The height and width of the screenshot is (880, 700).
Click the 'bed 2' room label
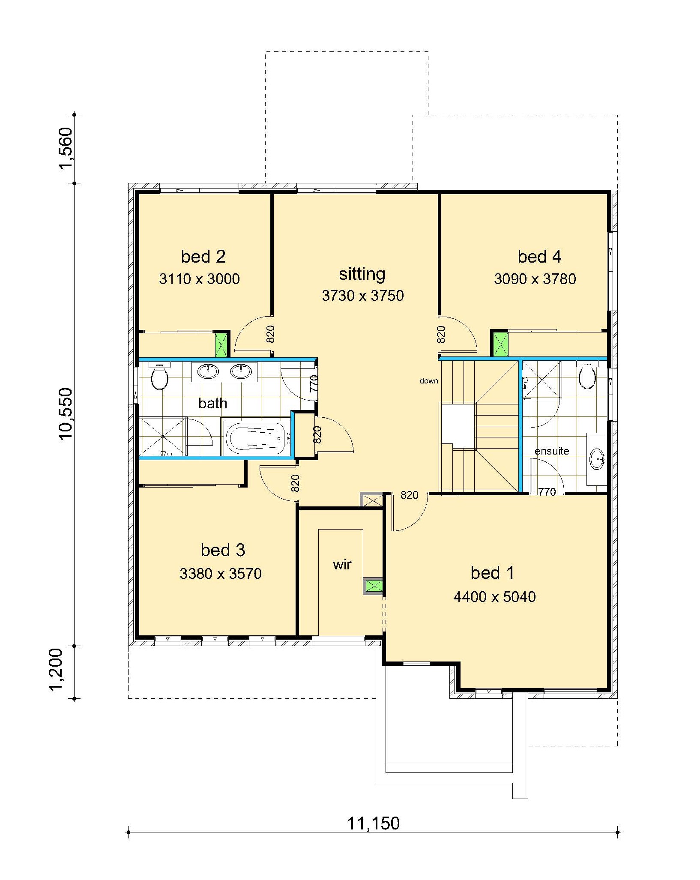click(x=203, y=257)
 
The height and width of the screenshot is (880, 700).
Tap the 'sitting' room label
click(x=362, y=274)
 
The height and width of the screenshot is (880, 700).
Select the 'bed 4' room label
click(x=539, y=257)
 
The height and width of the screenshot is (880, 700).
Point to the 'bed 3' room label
click(x=223, y=550)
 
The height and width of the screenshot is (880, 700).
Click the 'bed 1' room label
click(x=492, y=573)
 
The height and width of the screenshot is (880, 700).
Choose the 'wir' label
click(x=342, y=565)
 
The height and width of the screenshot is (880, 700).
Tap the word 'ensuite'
click(x=552, y=451)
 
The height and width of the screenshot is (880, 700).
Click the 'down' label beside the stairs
click(x=429, y=381)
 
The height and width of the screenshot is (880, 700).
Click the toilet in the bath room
click(x=159, y=376)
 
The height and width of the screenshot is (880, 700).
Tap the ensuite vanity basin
click(x=597, y=459)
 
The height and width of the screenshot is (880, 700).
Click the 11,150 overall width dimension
click(x=373, y=823)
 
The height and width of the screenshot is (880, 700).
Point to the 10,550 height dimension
click(x=66, y=414)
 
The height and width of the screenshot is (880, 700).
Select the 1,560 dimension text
click(x=66, y=148)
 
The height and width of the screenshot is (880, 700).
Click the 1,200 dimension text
click(x=57, y=670)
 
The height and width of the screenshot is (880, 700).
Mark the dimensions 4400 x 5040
click(x=494, y=597)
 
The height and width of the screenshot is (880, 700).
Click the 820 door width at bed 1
click(x=409, y=495)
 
